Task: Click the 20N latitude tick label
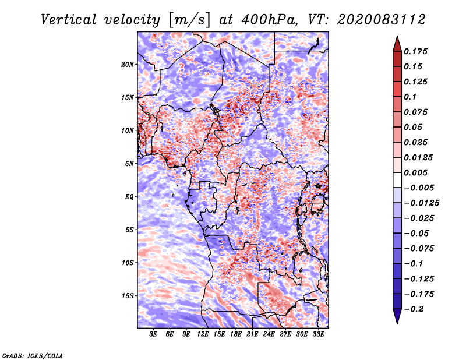[128, 64]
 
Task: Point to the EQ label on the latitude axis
[129, 197]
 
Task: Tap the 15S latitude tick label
[128, 296]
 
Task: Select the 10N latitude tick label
[128, 130]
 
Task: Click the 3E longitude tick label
[153, 334]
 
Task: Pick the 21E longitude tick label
[252, 334]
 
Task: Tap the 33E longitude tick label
[318, 334]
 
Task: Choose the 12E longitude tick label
[202, 334]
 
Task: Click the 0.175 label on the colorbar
[415, 51]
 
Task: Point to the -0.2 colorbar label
[414, 309]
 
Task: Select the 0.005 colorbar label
[415, 172]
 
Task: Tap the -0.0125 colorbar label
[421, 203]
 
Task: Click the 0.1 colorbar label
[410, 97]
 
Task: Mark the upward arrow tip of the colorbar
[397, 36]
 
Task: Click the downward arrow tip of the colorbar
[397, 323]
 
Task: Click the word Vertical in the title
[69, 20]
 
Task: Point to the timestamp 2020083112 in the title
[382, 20]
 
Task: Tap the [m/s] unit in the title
[189, 20]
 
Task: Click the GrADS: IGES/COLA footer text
[33, 355]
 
